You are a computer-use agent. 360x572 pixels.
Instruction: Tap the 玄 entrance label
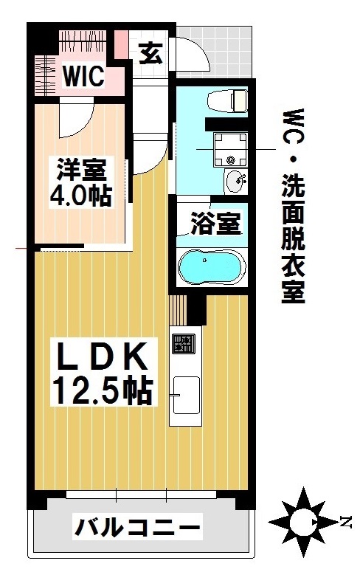pyautogui.click(x=150, y=53)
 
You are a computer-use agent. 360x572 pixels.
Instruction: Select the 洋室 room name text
pyautogui.click(x=81, y=169)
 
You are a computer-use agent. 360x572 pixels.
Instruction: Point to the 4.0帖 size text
pyautogui.click(x=81, y=196)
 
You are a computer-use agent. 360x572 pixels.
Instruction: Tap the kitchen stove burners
pyautogui.click(x=183, y=344)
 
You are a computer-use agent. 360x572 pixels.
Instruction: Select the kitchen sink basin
pyautogui.click(x=185, y=396)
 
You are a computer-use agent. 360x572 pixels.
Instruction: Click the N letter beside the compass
pyautogui.click(x=346, y=523)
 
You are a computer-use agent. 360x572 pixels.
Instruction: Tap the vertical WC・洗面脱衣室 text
pyautogui.click(x=294, y=207)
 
